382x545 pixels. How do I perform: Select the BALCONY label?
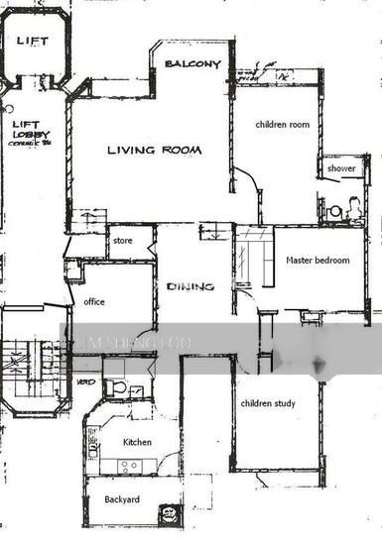click(x=193, y=64)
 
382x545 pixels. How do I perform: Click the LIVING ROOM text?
click(x=154, y=151)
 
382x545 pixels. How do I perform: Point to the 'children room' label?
click(x=283, y=125)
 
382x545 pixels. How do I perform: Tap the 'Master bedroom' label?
click(x=318, y=261)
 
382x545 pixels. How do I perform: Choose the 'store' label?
click(x=123, y=240)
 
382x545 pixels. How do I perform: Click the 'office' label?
click(x=95, y=301)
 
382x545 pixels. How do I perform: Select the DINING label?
click(x=191, y=286)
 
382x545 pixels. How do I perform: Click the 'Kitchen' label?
click(x=137, y=442)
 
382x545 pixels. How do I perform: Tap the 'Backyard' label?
click(x=122, y=499)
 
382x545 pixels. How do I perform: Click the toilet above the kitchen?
click(x=118, y=388)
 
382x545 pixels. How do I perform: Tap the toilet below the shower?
click(x=336, y=210)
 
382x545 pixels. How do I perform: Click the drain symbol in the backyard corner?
click(x=170, y=513)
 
